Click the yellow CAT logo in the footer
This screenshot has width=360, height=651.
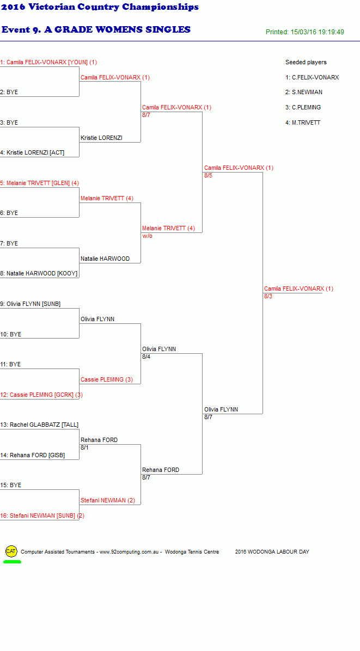(11, 551)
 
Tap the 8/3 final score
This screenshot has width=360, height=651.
(269, 296)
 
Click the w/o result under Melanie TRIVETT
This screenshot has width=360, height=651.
(148, 236)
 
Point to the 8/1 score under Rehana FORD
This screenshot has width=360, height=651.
(85, 447)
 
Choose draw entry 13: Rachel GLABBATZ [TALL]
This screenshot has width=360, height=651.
(39, 425)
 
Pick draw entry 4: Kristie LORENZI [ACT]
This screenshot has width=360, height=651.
(32, 153)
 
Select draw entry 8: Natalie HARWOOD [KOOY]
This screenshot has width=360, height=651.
(39, 274)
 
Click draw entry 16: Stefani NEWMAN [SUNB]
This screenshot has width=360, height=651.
(42, 515)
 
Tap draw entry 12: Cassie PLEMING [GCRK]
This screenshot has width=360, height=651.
(41, 395)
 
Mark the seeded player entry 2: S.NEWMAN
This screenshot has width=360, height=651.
(304, 92)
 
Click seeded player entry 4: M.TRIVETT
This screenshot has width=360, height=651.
(303, 122)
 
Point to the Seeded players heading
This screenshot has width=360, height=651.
(306, 62)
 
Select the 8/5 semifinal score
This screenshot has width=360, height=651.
(209, 175)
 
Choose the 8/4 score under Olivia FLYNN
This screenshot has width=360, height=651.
(147, 357)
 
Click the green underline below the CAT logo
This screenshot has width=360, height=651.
(12, 562)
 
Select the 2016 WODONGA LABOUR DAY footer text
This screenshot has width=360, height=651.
(272, 552)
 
